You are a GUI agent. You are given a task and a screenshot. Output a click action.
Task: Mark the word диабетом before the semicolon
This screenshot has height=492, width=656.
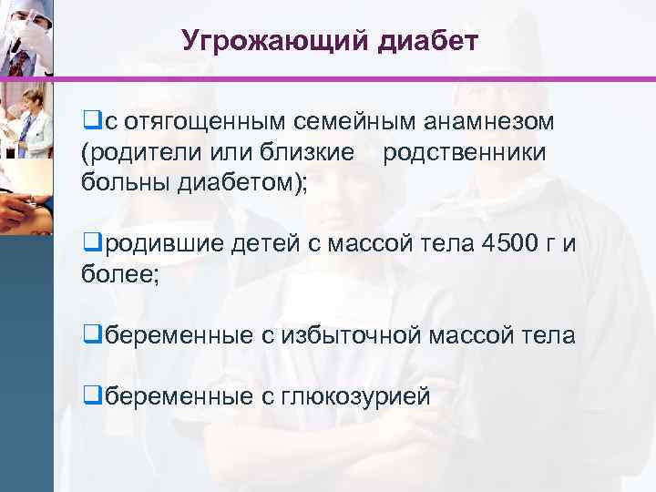tap(243, 183)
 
